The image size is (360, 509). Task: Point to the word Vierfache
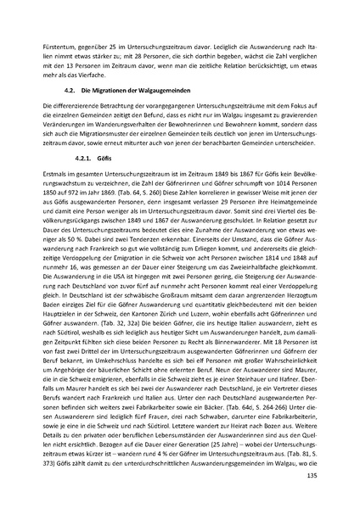pyautogui.click(x=93, y=73)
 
